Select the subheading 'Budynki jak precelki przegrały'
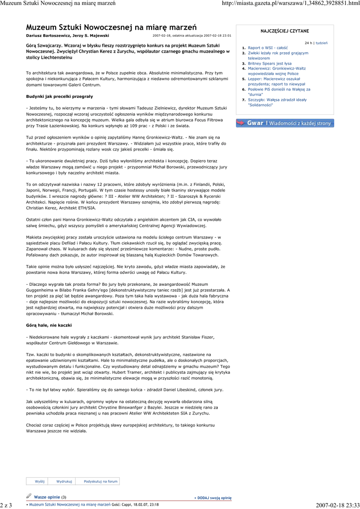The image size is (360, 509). point(60,96)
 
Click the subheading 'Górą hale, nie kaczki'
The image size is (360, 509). point(49,325)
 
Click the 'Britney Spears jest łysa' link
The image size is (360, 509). point(270,64)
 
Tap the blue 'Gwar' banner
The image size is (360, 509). point(284,123)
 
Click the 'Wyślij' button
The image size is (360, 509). point(40,481)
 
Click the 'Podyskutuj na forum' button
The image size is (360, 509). point(100,481)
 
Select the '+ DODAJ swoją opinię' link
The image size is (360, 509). point(213,497)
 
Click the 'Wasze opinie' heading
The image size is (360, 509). point(47,497)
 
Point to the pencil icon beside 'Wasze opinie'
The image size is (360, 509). point(29,496)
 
